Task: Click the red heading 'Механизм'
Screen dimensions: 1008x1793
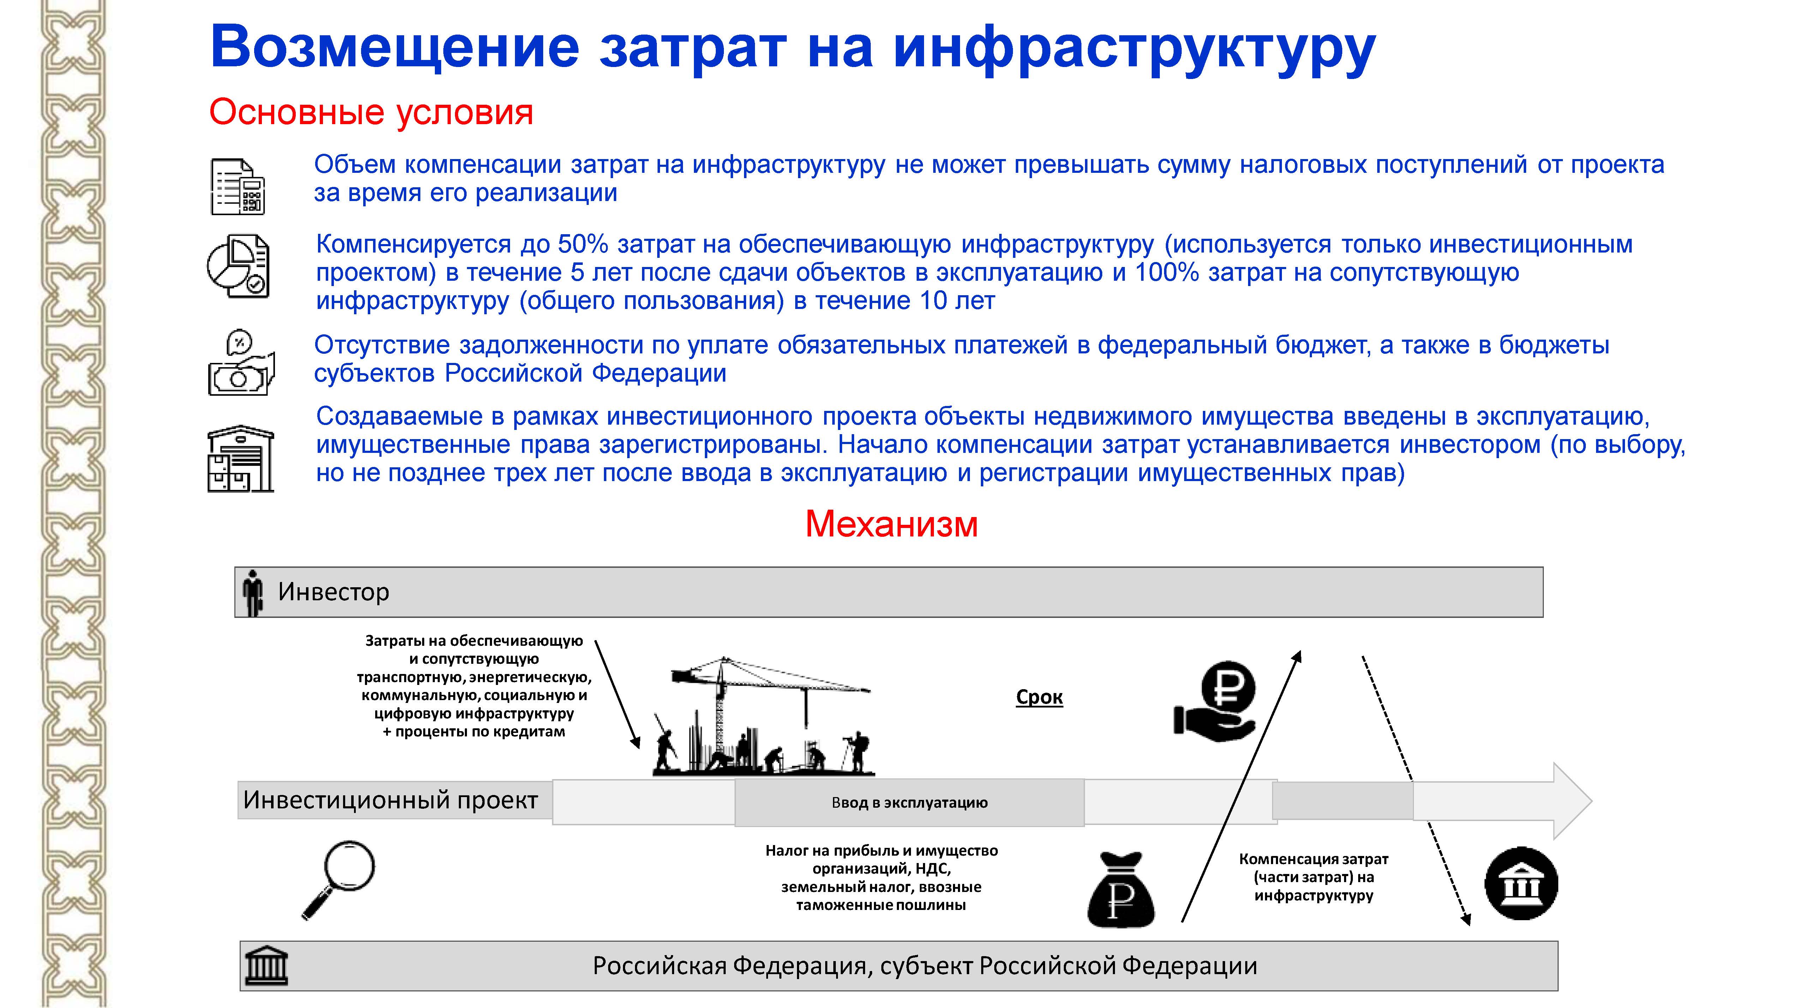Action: tap(891, 524)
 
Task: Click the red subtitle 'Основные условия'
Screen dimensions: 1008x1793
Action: tap(371, 112)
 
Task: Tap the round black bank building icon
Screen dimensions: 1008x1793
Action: tap(1521, 883)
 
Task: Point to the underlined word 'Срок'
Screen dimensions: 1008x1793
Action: tap(1039, 697)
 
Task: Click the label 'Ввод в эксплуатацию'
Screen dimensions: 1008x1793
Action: tap(909, 803)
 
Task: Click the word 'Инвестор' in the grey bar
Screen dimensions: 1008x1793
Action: tap(334, 592)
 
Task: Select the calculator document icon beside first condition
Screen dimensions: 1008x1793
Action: tap(237, 187)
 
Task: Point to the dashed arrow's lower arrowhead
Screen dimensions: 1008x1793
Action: tap(1467, 920)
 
